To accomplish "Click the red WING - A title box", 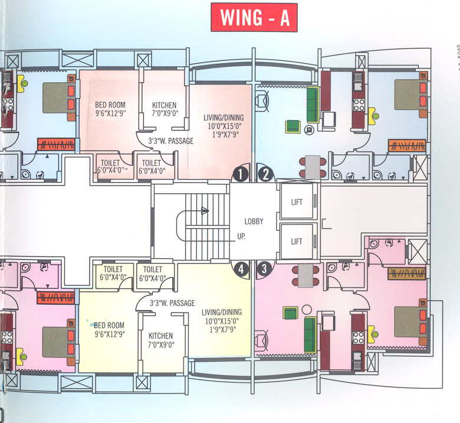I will coord(254,18).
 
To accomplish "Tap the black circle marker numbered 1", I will coord(240,174).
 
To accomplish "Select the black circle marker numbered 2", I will coord(266,174).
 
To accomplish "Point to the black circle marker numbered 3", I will coord(264,268).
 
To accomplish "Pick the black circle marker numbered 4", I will coord(240,269).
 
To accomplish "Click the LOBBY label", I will coord(254,222).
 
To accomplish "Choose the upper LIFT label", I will coord(297,202).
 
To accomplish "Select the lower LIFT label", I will coord(297,241).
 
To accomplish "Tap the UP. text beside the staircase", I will coord(241,235).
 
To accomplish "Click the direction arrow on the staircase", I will coord(204,210).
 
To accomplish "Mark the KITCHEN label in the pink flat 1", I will coord(164,105).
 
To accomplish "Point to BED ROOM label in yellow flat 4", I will coord(109,325).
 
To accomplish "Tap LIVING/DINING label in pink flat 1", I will coord(224,118).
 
